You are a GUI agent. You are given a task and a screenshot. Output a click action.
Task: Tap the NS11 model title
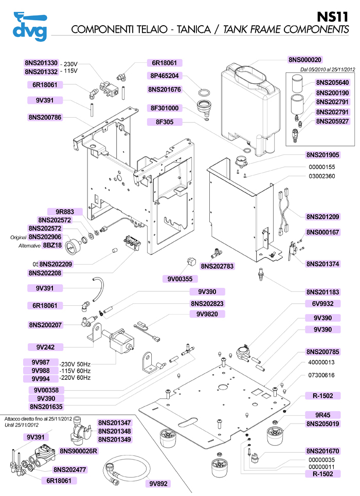click(335, 16)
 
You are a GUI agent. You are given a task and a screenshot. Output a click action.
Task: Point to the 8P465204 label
click(165, 76)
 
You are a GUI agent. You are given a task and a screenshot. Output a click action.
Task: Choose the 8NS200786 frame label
click(45, 117)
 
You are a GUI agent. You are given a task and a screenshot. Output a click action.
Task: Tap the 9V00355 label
click(179, 279)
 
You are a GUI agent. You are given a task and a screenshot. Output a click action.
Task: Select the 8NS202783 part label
click(217, 266)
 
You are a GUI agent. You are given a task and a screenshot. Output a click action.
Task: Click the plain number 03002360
click(322, 176)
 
